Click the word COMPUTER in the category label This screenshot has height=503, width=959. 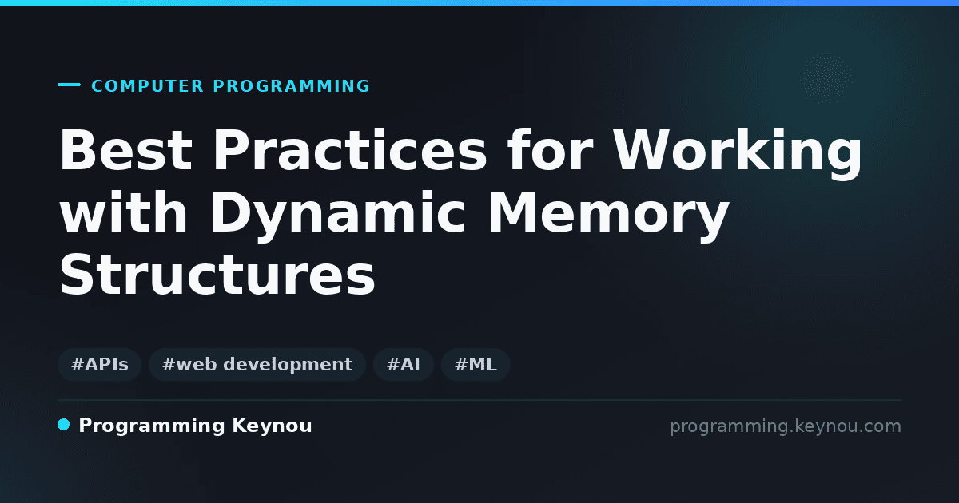147,86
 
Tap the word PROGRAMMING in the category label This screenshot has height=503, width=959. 291,86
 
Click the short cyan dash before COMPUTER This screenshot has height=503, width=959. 69,85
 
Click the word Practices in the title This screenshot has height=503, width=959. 350,150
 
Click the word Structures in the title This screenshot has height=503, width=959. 217,274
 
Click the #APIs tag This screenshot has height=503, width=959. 100,364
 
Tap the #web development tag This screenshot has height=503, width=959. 257,364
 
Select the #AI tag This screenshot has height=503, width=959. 404,364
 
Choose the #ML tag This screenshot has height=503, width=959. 476,364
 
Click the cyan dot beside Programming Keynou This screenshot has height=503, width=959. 64,425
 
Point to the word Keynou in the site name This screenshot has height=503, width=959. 272,426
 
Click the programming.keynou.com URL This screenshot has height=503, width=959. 786,426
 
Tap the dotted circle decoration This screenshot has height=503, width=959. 826,78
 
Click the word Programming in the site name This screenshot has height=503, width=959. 152,426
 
